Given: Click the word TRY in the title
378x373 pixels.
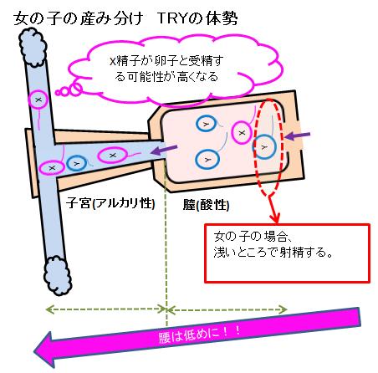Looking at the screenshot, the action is [173, 18].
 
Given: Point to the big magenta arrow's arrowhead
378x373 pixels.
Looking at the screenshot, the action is [49, 350].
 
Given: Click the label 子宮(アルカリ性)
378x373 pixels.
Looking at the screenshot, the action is [110, 203].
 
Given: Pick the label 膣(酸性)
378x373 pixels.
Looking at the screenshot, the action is [207, 205].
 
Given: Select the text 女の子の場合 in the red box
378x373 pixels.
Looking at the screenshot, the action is [249, 237].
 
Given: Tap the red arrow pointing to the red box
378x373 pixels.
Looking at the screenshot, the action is [273, 209].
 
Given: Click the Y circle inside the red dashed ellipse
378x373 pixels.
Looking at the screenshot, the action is [264, 146].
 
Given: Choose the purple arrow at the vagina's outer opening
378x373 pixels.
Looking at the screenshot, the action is [298, 135].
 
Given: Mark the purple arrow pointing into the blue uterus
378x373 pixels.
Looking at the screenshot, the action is [164, 150].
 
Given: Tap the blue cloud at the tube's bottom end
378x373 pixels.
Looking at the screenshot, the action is [58, 275].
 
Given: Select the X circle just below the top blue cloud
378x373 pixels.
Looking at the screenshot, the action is [38, 100].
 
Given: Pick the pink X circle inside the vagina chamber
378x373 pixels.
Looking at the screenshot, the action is [242, 133].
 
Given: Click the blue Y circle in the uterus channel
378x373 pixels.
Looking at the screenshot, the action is [76, 164].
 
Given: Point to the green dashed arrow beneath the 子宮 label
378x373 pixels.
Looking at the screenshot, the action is [106, 309].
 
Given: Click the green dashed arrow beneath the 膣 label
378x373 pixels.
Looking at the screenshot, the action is [227, 309].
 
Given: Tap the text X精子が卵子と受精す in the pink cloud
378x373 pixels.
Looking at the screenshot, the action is [166, 60].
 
